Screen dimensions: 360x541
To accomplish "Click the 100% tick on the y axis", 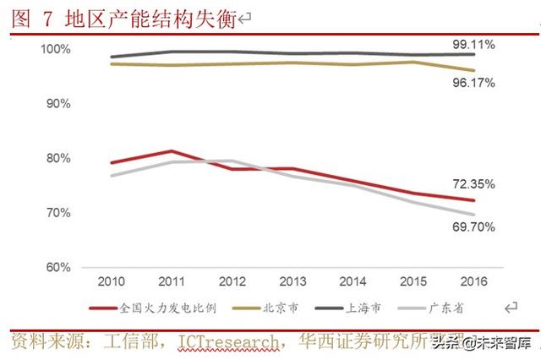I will [x=56, y=50].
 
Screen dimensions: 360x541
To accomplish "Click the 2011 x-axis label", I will [x=171, y=280].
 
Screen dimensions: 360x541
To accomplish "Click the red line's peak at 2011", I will [x=171, y=151].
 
